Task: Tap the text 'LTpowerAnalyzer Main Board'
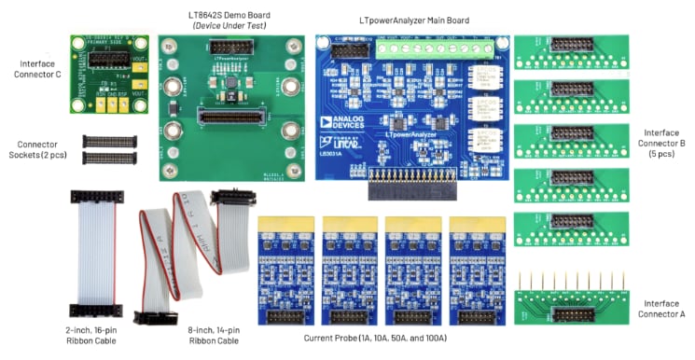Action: pyautogui.click(x=413, y=20)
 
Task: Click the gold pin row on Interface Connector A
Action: pyautogui.click(x=570, y=282)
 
